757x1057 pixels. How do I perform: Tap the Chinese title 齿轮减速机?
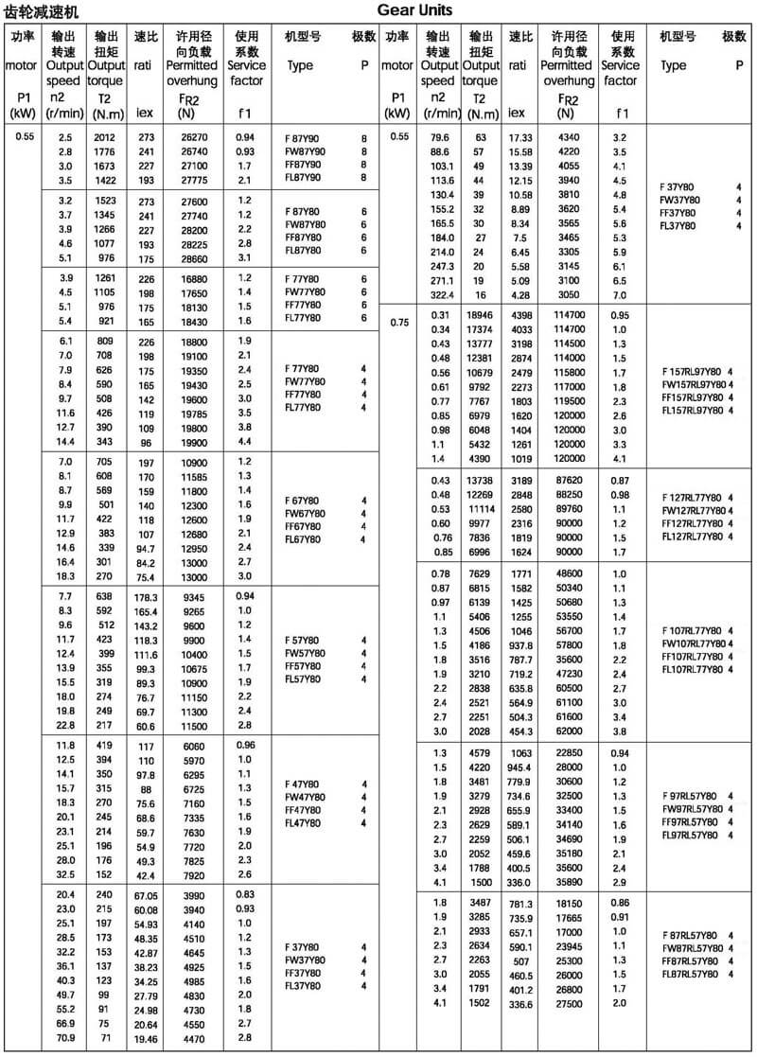click(43, 11)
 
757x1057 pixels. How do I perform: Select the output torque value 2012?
click(104, 137)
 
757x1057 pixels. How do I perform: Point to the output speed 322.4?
click(438, 295)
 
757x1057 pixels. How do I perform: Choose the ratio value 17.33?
click(521, 137)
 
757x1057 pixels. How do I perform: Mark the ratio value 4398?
click(521, 314)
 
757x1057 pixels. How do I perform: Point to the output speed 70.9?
click(65, 1037)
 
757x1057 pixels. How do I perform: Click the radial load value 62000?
click(570, 731)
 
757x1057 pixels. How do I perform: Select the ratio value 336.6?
click(521, 1003)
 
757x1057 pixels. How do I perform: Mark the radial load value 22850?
click(570, 752)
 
